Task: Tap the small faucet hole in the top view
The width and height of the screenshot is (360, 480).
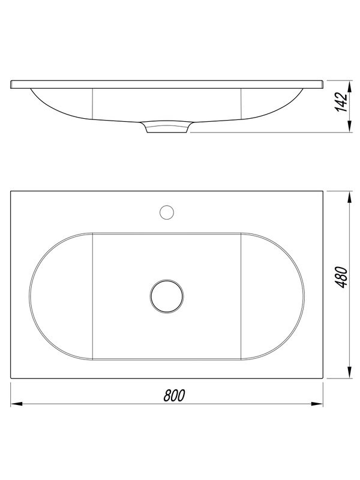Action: point(167,211)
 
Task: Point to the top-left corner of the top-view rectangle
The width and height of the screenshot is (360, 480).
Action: point(11,191)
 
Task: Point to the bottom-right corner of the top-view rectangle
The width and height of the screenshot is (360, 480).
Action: point(323,379)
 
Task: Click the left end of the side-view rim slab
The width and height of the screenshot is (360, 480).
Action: point(12,84)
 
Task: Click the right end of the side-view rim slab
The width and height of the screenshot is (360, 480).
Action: point(323,84)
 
